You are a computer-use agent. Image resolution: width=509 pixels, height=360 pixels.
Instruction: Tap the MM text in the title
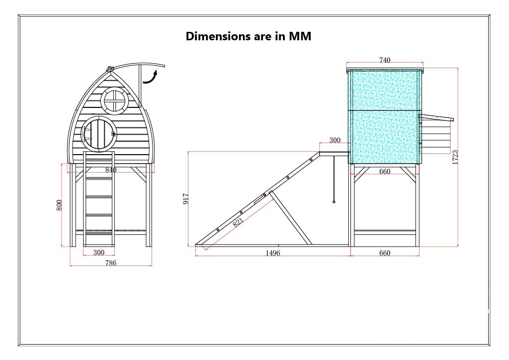pyautogui.click(x=300, y=36)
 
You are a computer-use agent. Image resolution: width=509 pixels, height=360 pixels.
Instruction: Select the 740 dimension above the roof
pyautogui.click(x=385, y=60)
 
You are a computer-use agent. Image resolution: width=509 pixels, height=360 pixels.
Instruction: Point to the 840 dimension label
pyautogui.click(x=110, y=170)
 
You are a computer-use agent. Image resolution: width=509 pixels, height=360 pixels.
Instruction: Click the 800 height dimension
pyautogui.click(x=59, y=205)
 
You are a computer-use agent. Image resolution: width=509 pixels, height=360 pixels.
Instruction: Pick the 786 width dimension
pyautogui.click(x=110, y=263)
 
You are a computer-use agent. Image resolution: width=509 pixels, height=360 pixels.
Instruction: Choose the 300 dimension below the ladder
pyautogui.click(x=99, y=253)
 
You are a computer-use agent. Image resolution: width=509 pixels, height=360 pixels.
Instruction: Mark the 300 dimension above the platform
pyautogui.click(x=335, y=140)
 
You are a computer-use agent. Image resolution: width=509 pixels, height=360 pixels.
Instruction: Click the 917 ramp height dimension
pyautogui.click(x=186, y=199)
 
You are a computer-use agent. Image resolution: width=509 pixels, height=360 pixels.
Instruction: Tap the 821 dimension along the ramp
pyautogui.click(x=238, y=221)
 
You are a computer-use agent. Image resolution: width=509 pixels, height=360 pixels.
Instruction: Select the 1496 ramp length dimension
pyautogui.click(x=272, y=253)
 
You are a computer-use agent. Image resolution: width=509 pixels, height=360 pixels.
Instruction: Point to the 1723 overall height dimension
pyautogui.click(x=455, y=157)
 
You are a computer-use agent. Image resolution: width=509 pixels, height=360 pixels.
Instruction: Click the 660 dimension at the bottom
pyautogui.click(x=385, y=253)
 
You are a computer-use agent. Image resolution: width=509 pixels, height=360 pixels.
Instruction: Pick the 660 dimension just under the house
pyautogui.click(x=385, y=172)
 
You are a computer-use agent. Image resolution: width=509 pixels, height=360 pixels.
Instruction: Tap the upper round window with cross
pyautogui.click(x=115, y=100)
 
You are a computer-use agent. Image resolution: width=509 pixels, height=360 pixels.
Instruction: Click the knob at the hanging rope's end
pyautogui.click(x=334, y=202)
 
